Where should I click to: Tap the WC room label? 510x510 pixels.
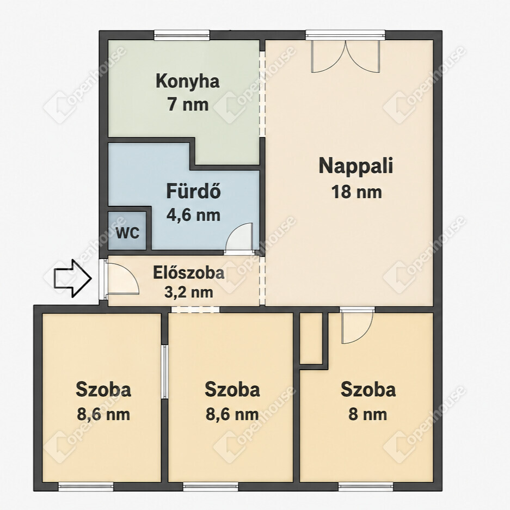127,232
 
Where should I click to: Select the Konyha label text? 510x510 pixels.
188,81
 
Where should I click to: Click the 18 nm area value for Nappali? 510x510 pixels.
356,192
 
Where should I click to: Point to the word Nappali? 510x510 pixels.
356,166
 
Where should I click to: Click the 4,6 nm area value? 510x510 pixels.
194,215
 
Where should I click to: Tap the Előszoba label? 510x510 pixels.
189,273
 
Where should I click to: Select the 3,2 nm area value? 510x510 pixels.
189,292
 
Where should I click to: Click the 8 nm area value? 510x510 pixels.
367,415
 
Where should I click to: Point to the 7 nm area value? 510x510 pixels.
188,105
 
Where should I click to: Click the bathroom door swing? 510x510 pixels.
239,237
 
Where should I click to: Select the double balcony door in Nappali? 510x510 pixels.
346,56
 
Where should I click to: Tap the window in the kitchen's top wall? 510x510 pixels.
181,35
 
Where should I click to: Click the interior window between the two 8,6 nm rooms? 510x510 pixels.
165,372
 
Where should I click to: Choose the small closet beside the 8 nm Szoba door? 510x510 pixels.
311,338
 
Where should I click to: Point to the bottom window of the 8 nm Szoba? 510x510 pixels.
366,487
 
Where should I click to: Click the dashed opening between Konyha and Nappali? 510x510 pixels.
262,94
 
